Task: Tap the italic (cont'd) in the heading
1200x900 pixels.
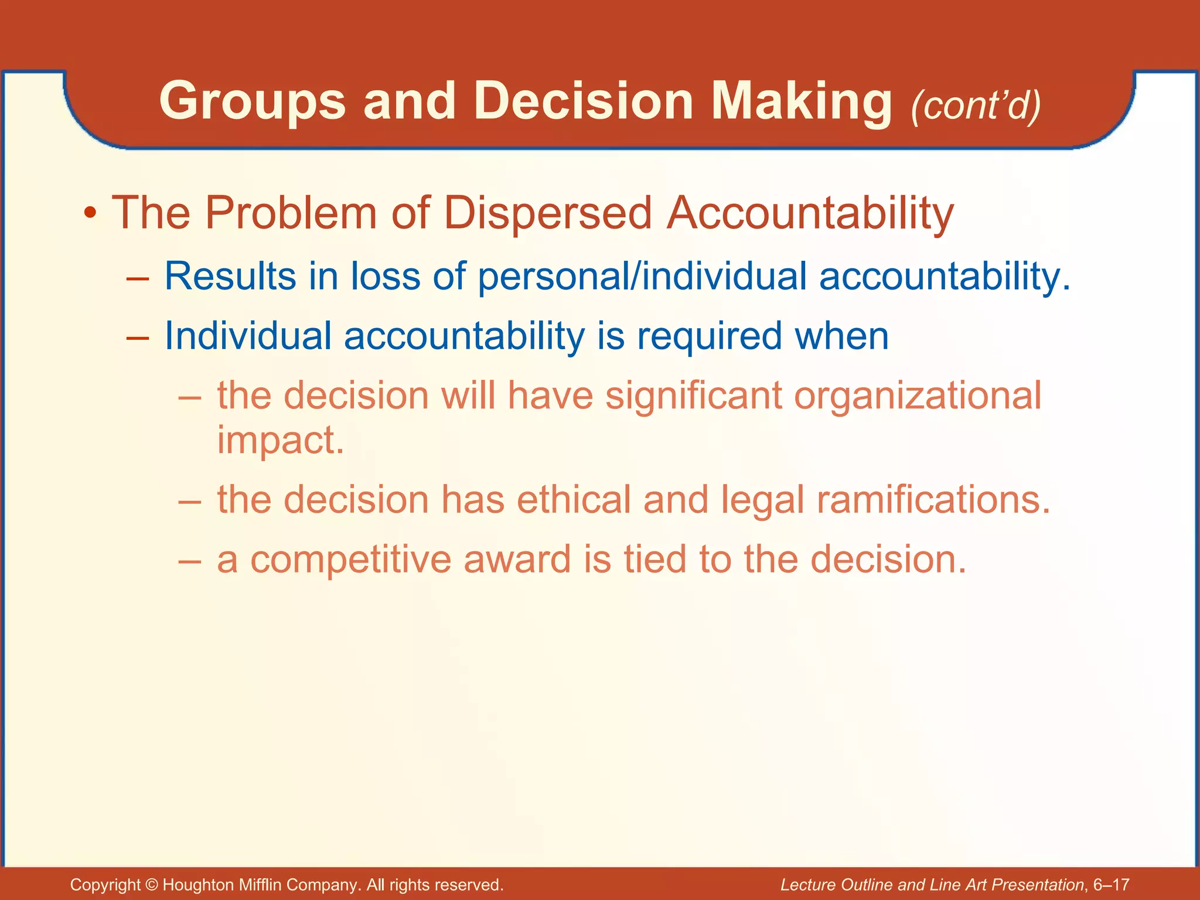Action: pos(976,105)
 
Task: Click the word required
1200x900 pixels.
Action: pos(710,336)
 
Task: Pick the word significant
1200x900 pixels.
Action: pos(694,396)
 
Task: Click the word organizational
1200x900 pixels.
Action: pos(918,396)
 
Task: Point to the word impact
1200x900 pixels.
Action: pos(280,441)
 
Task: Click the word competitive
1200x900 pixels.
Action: pos(351,560)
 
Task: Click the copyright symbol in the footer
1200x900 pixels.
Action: pos(151,885)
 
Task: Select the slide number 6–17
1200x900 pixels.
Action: pos(1111,885)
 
